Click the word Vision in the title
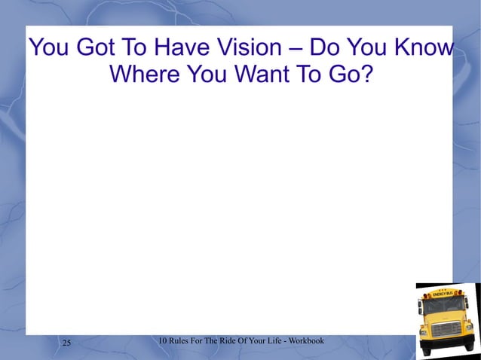tap(249, 49)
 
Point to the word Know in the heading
tap(424, 49)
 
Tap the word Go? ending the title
tap(350, 76)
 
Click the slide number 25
tap(66, 343)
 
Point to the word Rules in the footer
tap(181, 341)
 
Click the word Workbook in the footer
tap(307, 341)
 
